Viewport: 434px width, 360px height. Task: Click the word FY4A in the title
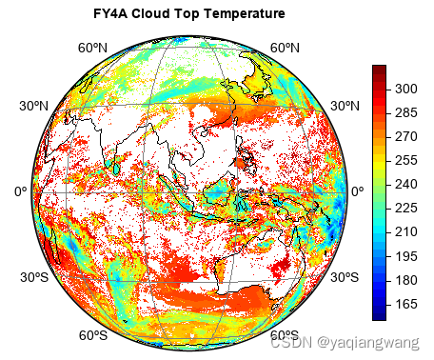click(110, 15)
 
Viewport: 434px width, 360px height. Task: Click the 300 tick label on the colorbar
click(406, 89)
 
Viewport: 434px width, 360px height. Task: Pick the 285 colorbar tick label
click(406, 112)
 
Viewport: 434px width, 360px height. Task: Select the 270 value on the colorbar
click(406, 136)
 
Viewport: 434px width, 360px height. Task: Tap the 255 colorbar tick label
click(406, 160)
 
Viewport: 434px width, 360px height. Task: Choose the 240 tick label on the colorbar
click(406, 184)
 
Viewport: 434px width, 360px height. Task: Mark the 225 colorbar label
click(406, 208)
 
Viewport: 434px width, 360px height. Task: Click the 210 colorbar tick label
click(406, 231)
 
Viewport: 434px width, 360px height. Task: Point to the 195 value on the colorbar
click(406, 256)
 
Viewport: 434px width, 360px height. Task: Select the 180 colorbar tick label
click(406, 280)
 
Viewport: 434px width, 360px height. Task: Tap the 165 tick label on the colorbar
click(406, 304)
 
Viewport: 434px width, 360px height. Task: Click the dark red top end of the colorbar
click(379, 70)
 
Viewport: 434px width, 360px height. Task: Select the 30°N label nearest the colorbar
click(342, 105)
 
